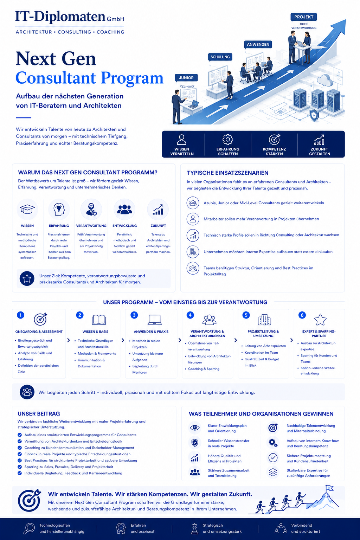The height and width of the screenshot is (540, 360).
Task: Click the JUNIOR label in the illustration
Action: click(186, 78)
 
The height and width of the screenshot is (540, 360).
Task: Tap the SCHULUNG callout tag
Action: click(220, 57)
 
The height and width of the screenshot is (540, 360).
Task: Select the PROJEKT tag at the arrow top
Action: click(304, 17)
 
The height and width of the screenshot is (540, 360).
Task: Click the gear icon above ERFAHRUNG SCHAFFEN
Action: click(227, 139)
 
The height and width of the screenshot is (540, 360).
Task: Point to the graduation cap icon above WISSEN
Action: click(27, 209)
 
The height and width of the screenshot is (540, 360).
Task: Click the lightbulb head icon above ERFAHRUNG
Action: click(59, 209)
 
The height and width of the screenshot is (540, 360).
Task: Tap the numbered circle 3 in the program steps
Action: click(134, 315)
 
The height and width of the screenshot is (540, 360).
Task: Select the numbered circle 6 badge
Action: click(302, 315)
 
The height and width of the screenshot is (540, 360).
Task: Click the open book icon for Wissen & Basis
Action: click(99, 320)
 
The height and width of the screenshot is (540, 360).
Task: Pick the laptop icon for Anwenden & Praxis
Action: click(154, 320)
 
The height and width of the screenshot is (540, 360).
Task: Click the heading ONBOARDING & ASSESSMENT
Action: click(39, 332)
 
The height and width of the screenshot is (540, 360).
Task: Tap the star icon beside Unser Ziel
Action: click(27, 279)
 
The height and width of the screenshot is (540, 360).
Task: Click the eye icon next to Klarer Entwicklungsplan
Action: click(194, 428)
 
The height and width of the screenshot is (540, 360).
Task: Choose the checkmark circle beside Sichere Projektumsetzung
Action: click(273, 458)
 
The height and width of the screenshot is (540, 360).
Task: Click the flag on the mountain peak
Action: click(329, 488)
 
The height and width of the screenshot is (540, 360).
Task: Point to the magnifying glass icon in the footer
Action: click(29, 528)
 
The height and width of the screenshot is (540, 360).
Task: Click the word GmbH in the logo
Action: click(116, 19)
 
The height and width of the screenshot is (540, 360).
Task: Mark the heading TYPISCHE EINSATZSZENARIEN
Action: click(227, 173)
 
